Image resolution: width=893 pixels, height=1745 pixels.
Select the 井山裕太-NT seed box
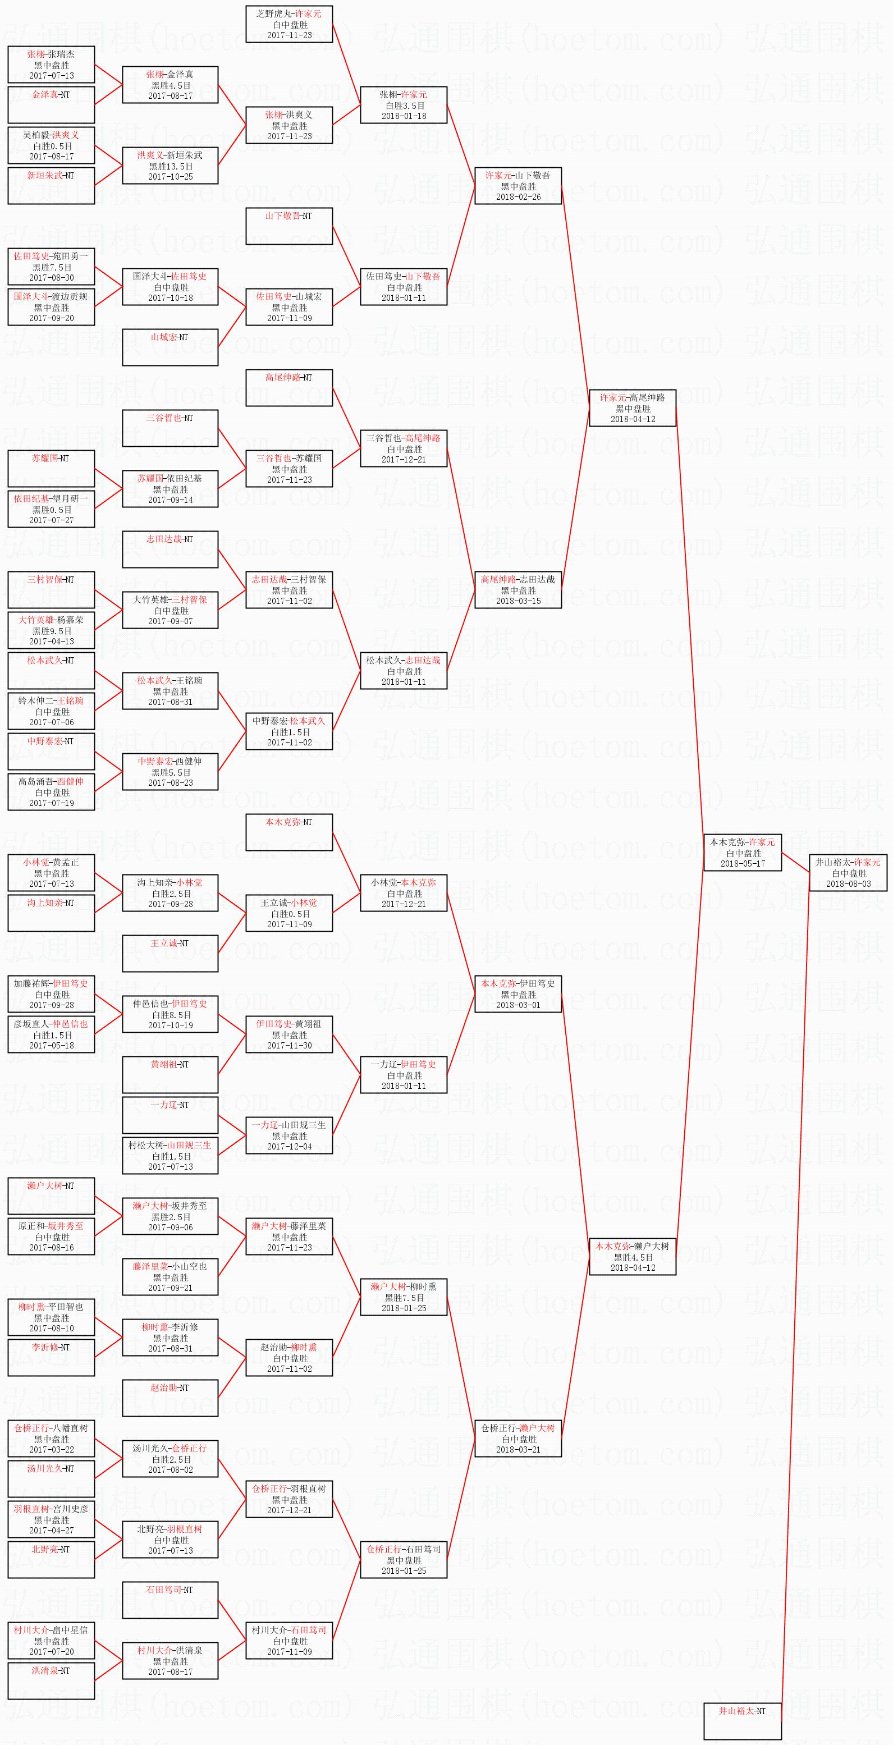(x=743, y=1721)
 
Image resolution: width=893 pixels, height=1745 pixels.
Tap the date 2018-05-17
(x=743, y=864)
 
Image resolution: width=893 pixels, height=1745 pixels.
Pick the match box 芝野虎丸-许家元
(x=289, y=24)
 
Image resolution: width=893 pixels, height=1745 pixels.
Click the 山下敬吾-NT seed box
(x=289, y=226)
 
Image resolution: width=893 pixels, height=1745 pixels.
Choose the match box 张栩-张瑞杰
(x=52, y=65)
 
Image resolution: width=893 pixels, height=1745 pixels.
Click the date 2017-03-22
(x=52, y=1450)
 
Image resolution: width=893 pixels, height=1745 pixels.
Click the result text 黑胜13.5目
(x=171, y=166)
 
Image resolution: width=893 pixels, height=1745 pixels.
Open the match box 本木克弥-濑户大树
(x=633, y=1257)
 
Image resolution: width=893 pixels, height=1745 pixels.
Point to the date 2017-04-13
(x=52, y=642)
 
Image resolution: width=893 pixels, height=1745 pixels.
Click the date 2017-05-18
(x=52, y=1045)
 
